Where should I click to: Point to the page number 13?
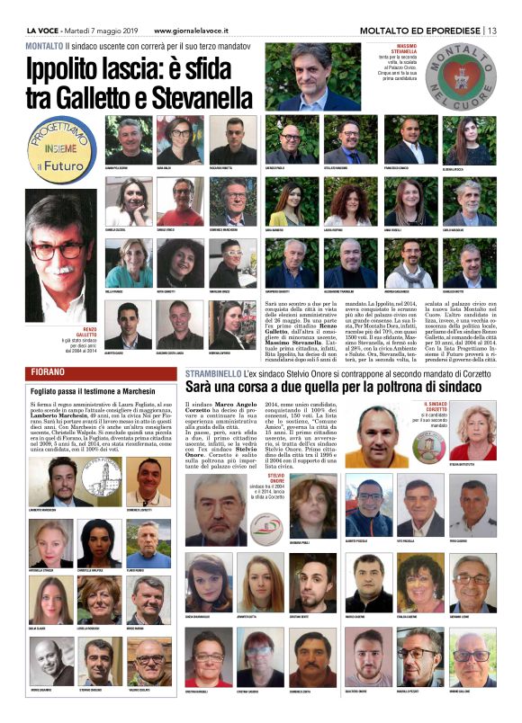491,31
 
